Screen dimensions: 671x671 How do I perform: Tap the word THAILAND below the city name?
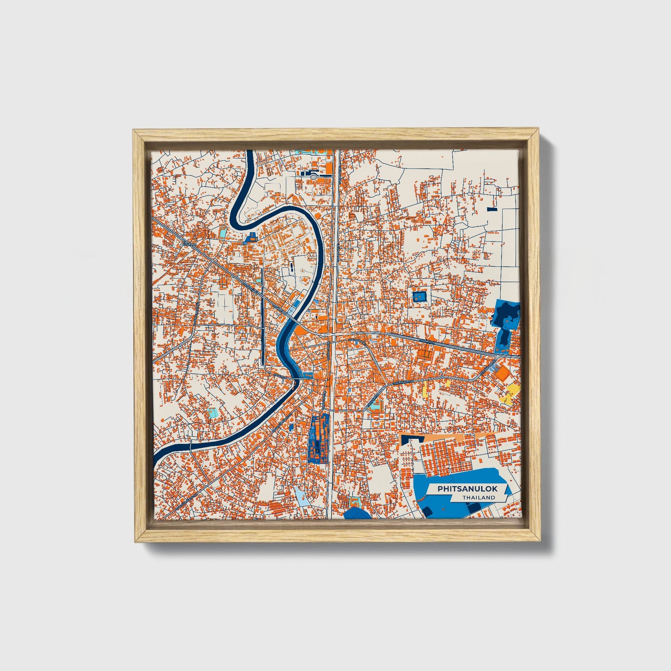[478, 498]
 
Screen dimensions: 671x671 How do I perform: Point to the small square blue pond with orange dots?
[420, 296]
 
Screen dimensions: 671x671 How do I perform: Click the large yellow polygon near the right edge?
[511, 393]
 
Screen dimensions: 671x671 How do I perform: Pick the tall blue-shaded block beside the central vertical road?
[319, 439]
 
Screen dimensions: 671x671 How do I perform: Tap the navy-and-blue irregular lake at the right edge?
[507, 316]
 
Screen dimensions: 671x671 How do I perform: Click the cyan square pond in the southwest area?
[212, 412]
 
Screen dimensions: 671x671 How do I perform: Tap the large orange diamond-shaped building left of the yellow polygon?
[502, 372]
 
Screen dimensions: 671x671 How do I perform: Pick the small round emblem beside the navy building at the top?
[314, 176]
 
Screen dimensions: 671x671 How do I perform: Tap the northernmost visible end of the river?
[250, 151]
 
